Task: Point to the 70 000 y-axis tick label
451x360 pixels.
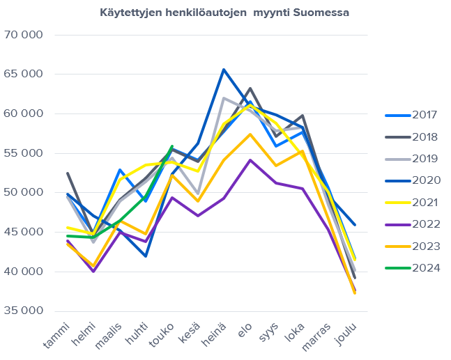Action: coord(23,35)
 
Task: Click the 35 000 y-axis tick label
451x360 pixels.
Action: coord(23,311)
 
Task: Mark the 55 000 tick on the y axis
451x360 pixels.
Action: coord(23,153)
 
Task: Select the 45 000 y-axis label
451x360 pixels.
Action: coord(23,232)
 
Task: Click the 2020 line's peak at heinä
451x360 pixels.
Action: coord(224,69)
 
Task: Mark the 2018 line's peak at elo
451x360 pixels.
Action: coord(250,88)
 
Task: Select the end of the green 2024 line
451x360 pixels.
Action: coord(172,146)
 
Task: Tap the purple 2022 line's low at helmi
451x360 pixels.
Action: coord(93,271)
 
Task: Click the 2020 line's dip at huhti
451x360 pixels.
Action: coord(146,256)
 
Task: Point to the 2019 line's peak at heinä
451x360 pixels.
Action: coord(224,98)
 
